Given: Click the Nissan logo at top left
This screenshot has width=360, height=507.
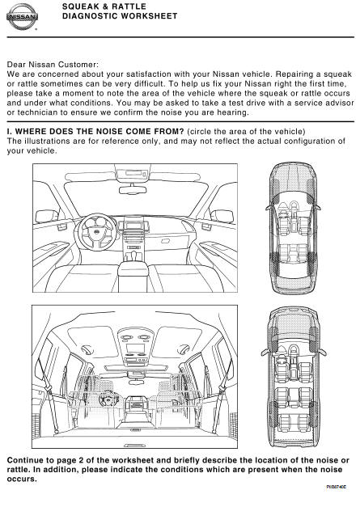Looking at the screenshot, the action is click(x=22, y=17).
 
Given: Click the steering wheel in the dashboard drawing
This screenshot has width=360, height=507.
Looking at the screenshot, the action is click(x=95, y=232).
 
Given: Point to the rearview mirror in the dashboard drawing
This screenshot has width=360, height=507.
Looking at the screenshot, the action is click(x=133, y=190).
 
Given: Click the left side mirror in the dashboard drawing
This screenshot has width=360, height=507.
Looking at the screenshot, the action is click(x=47, y=216).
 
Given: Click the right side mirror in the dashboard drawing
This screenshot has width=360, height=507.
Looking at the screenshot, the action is click(x=222, y=216).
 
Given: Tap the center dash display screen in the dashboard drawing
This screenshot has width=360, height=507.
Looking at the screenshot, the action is click(x=134, y=226).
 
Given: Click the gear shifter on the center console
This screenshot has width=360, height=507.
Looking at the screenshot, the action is click(x=133, y=256).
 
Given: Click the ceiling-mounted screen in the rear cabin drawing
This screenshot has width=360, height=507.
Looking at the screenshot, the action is click(x=135, y=349).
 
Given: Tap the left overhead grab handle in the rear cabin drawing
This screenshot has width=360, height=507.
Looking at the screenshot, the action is click(x=87, y=349).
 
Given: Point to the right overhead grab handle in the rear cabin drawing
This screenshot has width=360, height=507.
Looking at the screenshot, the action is click(x=183, y=349).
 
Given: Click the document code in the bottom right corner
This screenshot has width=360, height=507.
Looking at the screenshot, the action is click(x=337, y=487).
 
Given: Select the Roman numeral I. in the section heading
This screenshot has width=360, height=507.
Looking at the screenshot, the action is click(x=10, y=132).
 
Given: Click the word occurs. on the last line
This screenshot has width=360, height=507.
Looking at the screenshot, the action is click(x=22, y=480).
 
